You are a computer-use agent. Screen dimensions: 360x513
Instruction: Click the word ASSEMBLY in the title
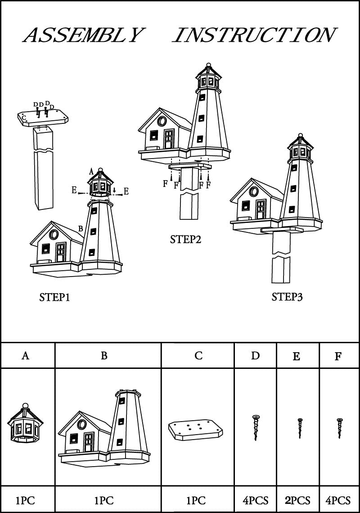pos(84,35)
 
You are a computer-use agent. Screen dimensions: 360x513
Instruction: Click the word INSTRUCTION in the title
pos(254,35)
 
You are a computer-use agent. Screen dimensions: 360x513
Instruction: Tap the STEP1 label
pos(54,297)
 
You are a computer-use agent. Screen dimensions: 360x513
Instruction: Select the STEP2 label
pos(185,240)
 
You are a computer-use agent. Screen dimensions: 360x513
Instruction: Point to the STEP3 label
pos(287,297)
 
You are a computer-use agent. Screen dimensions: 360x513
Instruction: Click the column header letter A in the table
pos(26,356)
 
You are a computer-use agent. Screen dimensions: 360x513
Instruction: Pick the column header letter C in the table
pos(198,356)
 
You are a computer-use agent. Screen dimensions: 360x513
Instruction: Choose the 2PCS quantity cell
pos(297,500)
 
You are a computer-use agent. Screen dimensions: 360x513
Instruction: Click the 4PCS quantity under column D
pos(255,500)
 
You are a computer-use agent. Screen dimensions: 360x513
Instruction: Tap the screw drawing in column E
pos(300,428)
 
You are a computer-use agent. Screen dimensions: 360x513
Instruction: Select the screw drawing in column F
pos(339,428)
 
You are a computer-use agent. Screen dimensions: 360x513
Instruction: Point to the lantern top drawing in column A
pos(25,423)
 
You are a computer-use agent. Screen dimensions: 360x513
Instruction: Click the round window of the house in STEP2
pos(162,121)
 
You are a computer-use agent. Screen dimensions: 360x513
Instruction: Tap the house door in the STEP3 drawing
pos(260,209)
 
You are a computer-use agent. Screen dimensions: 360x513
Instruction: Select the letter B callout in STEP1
pos(81,228)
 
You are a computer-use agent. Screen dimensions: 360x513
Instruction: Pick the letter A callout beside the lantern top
pos(91,171)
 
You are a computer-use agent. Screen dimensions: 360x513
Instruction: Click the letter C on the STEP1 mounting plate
pos(24,117)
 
